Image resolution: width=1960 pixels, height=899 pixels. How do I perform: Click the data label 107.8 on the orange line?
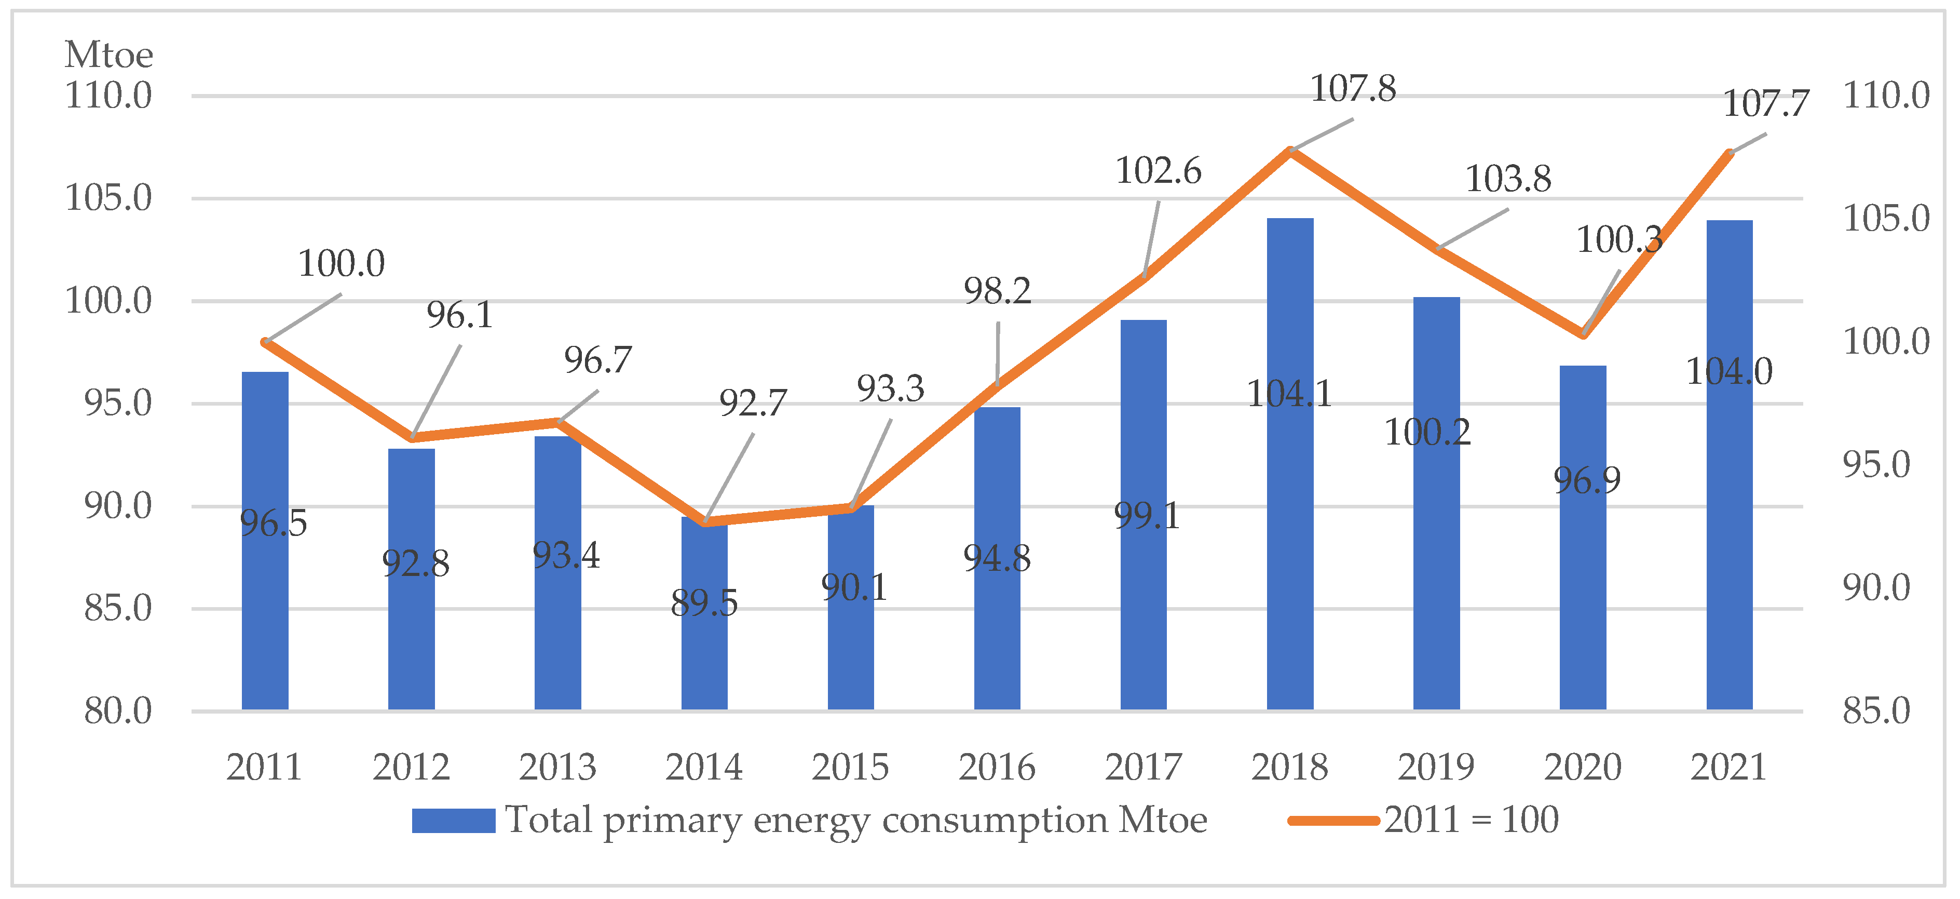[1352, 89]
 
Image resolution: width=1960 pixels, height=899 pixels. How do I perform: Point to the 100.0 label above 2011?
[341, 264]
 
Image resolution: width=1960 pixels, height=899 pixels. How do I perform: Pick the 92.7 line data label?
[753, 404]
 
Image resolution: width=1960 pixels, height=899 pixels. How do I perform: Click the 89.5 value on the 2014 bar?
[704, 603]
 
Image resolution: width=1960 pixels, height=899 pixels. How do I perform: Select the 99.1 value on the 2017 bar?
[1146, 516]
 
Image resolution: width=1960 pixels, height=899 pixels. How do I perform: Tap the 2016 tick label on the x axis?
[997, 767]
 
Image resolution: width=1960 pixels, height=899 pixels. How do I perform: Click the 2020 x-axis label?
[1583, 767]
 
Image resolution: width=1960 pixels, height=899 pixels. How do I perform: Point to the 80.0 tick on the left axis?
[118, 711]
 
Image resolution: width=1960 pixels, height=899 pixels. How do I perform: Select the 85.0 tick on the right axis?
[1875, 711]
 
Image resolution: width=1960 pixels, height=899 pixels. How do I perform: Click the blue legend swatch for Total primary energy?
[454, 821]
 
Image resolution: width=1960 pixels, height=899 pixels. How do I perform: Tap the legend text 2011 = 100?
[1471, 821]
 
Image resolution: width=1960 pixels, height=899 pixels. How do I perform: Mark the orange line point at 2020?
[1583, 334]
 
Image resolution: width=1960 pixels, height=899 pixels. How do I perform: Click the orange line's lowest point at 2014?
[705, 522]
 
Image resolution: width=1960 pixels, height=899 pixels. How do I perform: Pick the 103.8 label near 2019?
[1508, 180]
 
